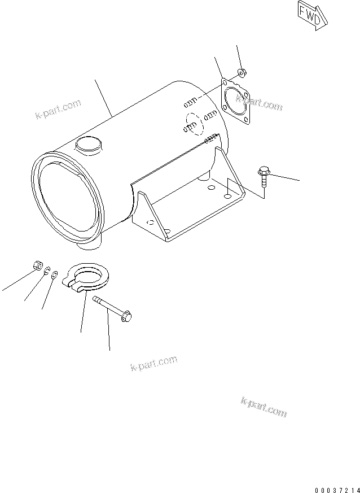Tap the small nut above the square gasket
[x=241, y=72]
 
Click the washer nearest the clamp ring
[x=54, y=276]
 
